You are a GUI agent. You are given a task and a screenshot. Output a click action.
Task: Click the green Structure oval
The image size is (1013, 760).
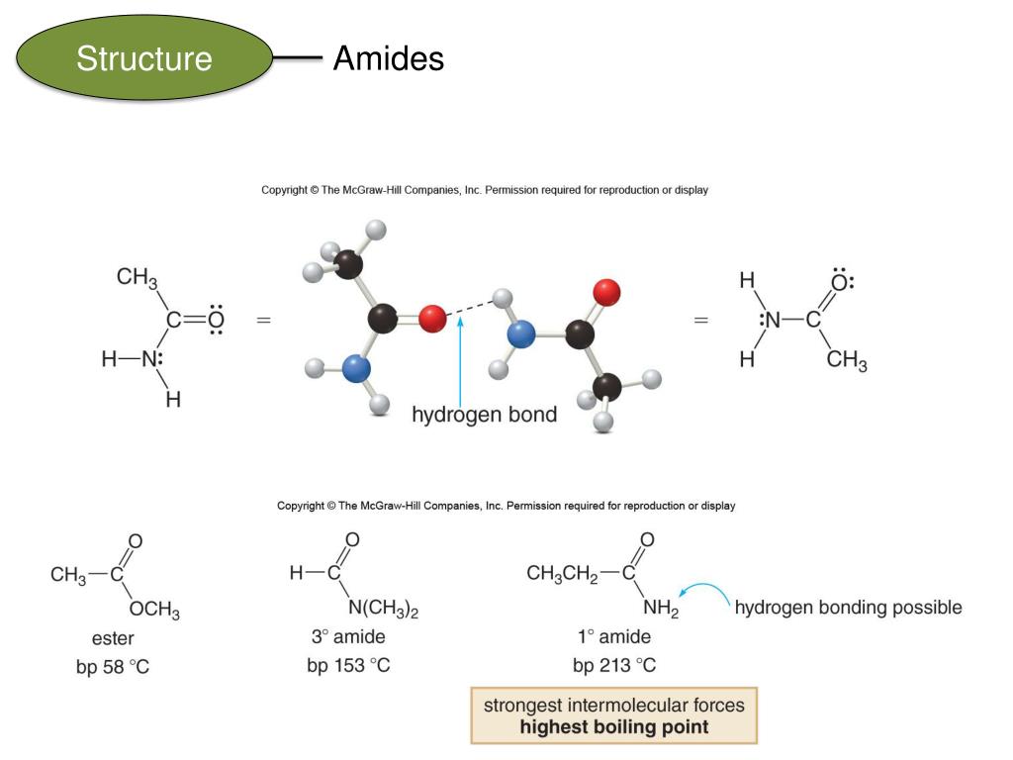(144, 58)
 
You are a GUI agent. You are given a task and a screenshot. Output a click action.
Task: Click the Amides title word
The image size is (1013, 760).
(388, 59)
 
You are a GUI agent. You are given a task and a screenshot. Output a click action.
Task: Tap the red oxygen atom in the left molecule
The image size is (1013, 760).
(432, 320)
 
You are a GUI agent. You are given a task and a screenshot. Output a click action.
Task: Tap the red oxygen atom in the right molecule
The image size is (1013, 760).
(605, 291)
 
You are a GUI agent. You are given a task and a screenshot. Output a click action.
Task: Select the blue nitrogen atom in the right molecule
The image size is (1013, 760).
(520, 335)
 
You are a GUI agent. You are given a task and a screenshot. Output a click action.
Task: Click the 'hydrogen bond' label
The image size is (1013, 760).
(484, 415)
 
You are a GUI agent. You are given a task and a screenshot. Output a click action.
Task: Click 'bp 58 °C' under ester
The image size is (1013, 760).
(113, 667)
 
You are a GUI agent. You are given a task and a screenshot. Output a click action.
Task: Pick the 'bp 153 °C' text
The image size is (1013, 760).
(348, 665)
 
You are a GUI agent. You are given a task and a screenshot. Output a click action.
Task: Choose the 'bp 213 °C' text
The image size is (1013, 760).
(614, 665)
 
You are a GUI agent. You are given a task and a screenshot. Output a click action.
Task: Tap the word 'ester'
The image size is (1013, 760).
(113, 638)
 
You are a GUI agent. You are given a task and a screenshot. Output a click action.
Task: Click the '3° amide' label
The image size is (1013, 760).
(348, 637)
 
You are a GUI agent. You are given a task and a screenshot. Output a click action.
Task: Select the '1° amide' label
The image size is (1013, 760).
(614, 637)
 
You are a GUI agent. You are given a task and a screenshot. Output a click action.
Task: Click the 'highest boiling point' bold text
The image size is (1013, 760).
(613, 727)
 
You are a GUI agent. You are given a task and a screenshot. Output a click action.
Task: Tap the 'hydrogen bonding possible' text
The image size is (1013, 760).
(848, 607)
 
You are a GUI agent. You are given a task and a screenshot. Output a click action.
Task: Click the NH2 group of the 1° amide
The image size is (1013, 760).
(661, 611)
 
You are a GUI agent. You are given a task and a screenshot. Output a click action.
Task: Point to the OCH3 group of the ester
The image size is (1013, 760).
(154, 612)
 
